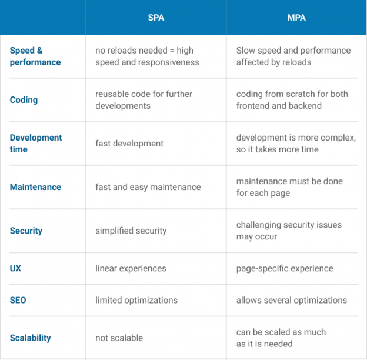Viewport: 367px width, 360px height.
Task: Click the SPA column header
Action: (x=156, y=18)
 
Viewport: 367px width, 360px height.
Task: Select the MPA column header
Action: (x=296, y=18)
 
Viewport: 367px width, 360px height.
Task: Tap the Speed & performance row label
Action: (x=35, y=56)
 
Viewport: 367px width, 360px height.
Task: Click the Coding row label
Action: (x=24, y=100)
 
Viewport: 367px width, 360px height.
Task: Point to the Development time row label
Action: (x=35, y=144)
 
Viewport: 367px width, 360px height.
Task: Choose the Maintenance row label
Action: (x=35, y=187)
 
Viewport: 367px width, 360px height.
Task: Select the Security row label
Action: (x=26, y=231)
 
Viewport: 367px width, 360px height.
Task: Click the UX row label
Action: (x=15, y=268)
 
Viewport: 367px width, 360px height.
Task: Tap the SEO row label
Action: (x=18, y=300)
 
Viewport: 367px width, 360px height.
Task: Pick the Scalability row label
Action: (x=30, y=338)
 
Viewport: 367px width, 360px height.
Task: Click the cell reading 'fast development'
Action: (x=129, y=144)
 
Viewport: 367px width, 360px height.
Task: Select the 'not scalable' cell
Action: (x=119, y=338)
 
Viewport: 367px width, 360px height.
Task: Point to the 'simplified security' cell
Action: (x=131, y=231)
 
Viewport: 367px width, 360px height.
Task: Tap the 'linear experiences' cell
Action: (x=131, y=268)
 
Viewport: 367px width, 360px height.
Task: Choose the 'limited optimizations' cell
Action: (x=136, y=300)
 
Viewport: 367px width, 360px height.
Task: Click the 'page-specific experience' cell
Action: (x=285, y=268)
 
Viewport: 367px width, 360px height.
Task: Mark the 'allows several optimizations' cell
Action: (x=291, y=300)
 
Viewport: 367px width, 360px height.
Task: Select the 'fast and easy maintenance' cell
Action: (x=148, y=187)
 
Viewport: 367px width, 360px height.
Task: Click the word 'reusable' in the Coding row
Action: (x=112, y=94)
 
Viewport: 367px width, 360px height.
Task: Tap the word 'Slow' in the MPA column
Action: (x=246, y=51)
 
